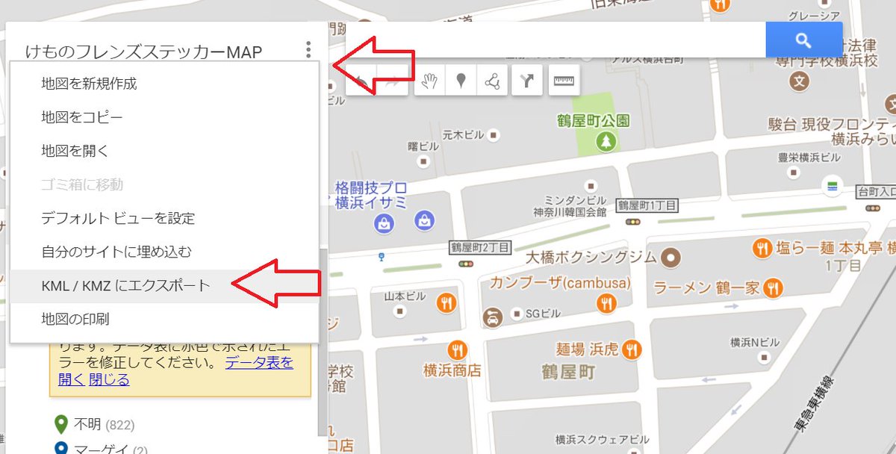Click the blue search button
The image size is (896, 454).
803,40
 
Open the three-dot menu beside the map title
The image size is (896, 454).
308,51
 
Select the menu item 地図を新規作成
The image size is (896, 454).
89,84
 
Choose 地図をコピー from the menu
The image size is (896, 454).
82,117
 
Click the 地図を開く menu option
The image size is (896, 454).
75,151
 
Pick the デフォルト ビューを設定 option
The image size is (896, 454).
118,219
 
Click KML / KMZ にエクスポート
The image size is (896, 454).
125,285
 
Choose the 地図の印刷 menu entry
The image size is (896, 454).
75,319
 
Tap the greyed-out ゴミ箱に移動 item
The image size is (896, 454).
82,184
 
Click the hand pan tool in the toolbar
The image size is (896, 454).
429,81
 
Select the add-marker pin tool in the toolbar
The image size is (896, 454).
461,81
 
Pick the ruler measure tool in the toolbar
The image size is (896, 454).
564,81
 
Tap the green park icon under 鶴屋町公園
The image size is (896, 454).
607,140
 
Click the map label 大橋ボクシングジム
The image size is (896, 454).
591,258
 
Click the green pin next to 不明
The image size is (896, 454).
61,425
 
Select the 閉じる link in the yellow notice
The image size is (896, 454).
109,380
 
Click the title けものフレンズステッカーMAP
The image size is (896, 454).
143,52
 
